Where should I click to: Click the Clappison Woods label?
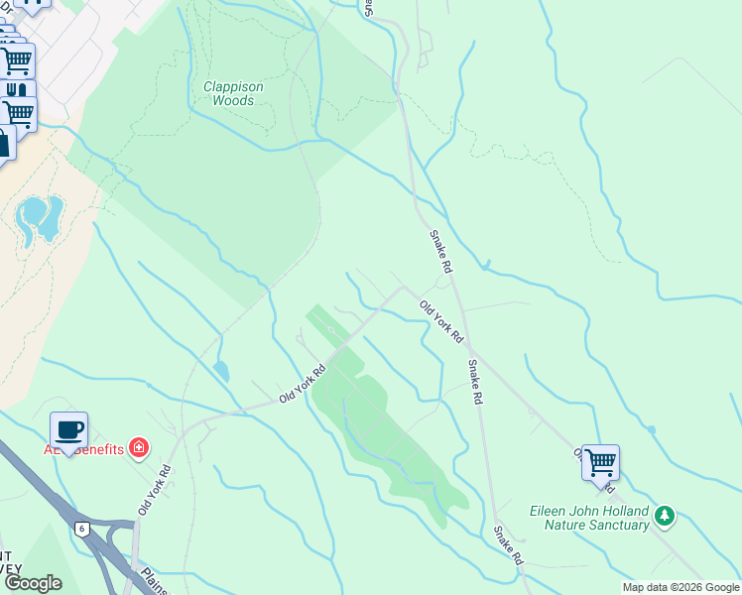[233, 93]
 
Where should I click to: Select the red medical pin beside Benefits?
[138, 449]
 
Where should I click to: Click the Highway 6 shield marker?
[80, 529]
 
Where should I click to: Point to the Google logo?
[33, 583]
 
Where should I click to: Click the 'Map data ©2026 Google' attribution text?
[680, 587]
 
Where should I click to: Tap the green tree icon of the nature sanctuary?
[664, 516]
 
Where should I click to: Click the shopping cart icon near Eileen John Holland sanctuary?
[600, 462]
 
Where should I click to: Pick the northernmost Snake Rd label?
[440, 252]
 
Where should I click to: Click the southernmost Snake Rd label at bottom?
[508, 545]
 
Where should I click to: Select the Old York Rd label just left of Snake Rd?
[440, 321]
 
